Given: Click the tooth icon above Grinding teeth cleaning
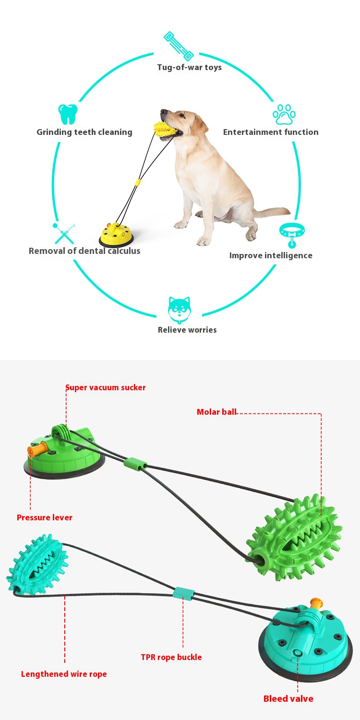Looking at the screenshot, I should tap(68, 114).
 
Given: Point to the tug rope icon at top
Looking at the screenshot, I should tap(178, 46).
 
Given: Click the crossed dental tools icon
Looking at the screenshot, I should tap(64, 233).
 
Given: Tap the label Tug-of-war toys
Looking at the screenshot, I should tap(190, 67).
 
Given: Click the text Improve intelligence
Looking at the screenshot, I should tap(271, 255).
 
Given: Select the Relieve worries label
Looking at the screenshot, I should tap(187, 330).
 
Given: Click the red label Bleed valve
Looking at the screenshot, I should tap(288, 698).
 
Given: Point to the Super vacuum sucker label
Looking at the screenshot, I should tap(106, 387).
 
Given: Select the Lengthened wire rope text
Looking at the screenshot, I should tap(64, 674).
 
